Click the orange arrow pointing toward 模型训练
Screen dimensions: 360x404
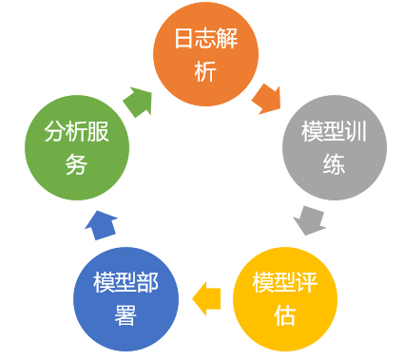click(x=267, y=97)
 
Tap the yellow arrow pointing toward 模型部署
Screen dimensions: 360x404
click(x=206, y=300)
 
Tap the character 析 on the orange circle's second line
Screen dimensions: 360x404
click(x=205, y=72)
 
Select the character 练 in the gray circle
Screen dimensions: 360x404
click(x=333, y=163)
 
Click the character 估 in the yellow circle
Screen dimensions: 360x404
click(x=284, y=315)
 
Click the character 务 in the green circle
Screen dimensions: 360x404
click(x=77, y=163)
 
